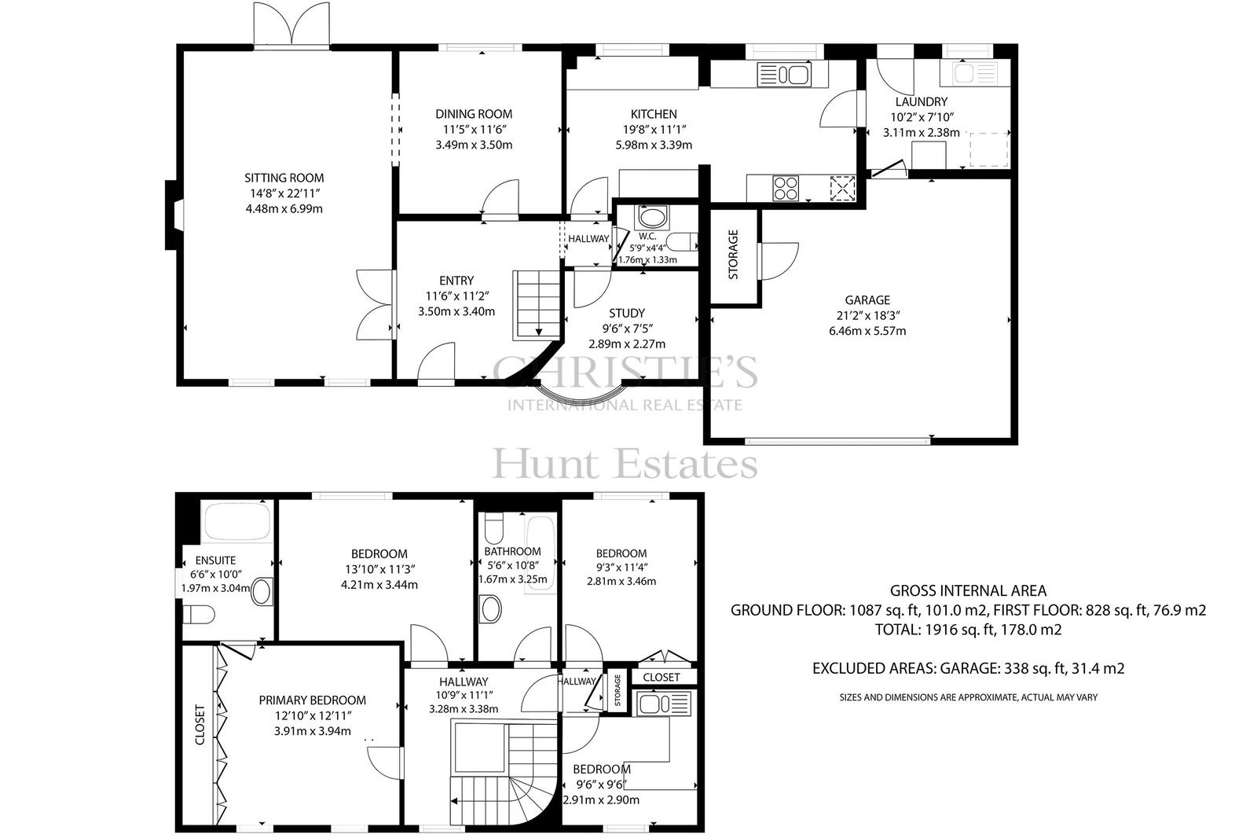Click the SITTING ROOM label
click(284, 178)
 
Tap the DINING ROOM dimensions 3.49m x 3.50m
click(474, 145)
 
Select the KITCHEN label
click(654, 114)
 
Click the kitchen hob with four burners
click(786, 188)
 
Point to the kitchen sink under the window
click(783, 75)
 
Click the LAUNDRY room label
click(922, 101)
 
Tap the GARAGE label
click(867, 300)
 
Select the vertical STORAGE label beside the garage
click(733, 255)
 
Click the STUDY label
click(627, 313)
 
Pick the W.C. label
click(647, 237)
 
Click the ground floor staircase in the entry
click(537, 305)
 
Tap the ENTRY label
click(456, 281)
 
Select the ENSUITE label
click(215, 560)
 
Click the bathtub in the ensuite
click(238, 522)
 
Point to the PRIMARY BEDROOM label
click(313, 700)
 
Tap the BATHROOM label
click(512, 552)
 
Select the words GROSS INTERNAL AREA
click(968, 591)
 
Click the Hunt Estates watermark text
click(625, 465)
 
